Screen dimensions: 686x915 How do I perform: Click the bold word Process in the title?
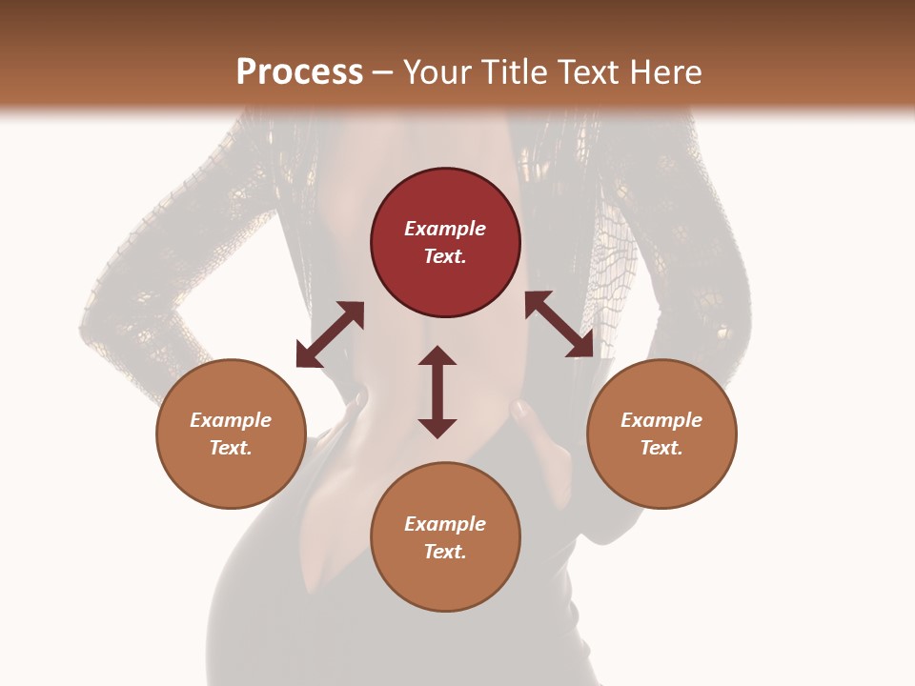click(x=299, y=71)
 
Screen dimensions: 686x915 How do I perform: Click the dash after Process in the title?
click(x=383, y=72)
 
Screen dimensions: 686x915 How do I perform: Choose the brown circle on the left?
click(x=231, y=434)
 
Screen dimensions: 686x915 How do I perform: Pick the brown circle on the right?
click(x=661, y=434)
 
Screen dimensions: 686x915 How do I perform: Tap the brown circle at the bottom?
click(x=445, y=536)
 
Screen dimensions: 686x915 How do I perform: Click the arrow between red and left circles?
click(x=330, y=334)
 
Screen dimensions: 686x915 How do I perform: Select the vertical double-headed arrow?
click(x=437, y=392)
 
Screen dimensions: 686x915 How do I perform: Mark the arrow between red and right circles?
click(x=559, y=325)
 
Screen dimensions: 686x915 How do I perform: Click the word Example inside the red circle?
click(x=445, y=229)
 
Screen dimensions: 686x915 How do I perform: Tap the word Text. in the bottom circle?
click(x=445, y=552)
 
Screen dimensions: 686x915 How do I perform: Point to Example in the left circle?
click(x=231, y=420)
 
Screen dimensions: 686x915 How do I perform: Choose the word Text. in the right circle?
click(x=661, y=448)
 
